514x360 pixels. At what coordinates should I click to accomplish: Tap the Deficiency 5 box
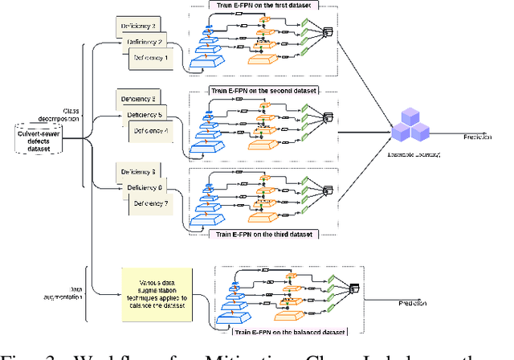coord(147,114)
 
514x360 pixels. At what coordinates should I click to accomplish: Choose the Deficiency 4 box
coord(153,129)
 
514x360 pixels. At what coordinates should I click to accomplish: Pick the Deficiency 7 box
coord(153,204)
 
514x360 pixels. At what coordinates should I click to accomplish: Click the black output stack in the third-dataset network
coord(327,190)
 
